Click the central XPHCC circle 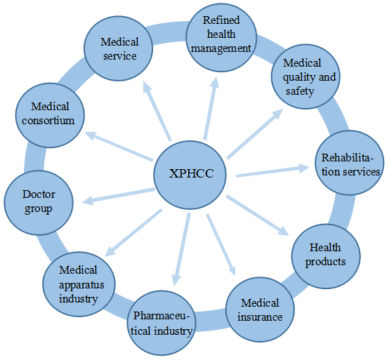pos(190,175)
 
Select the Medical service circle pos(119,48)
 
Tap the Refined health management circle pos(221,38)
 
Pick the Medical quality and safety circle pos(305,76)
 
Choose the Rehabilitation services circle pos(350,163)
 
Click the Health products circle pos(326,256)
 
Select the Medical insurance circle pos(260,309)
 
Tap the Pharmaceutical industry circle pos(161,323)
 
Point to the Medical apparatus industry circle pos(79,284)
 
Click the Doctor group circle pos(39,203)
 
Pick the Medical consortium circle pos(50,115)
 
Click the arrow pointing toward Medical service pos(157,111)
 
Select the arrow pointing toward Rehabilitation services pos(272,170)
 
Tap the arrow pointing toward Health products pos(258,215)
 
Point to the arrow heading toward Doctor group pos(119,196)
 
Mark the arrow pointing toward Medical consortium pos(119,146)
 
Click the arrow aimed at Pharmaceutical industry pos(182,249)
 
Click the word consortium pos(48,121)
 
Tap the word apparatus pos(81,285)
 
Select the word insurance pos(260,317)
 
